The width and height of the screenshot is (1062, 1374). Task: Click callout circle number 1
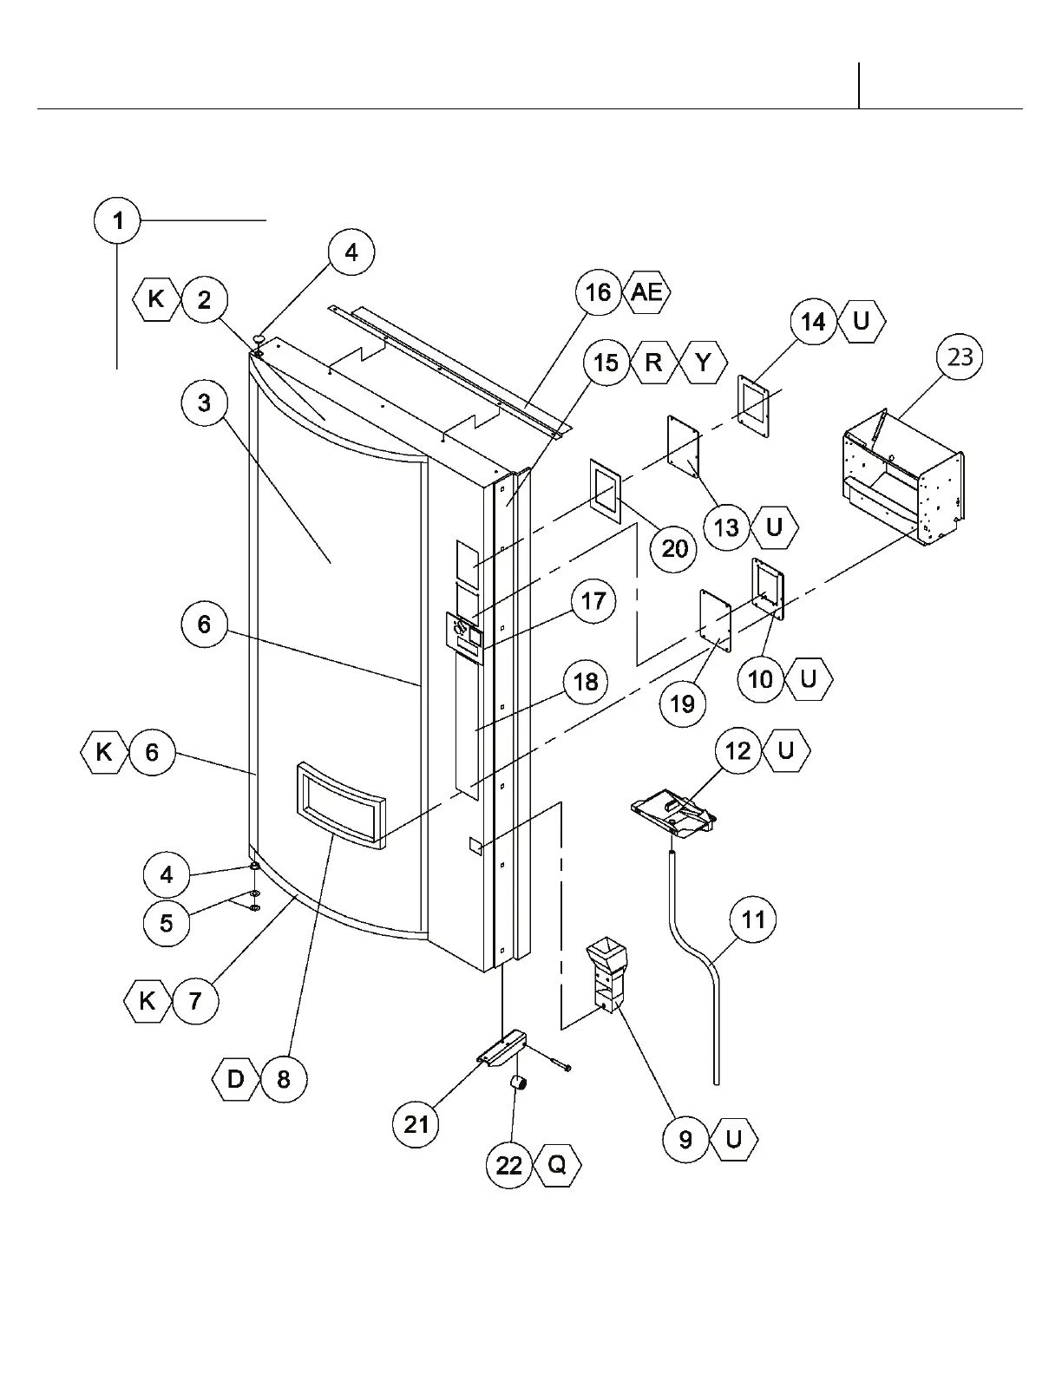tap(117, 221)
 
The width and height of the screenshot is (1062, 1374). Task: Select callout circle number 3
tap(204, 403)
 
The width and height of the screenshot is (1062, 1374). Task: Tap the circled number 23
tap(960, 357)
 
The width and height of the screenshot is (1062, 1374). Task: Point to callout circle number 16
tap(598, 292)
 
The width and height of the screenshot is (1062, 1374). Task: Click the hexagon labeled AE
tap(646, 292)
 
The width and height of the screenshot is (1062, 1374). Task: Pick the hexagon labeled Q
tap(556, 1165)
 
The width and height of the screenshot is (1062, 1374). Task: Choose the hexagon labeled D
tap(235, 1080)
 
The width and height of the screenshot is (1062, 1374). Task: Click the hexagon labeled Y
tap(703, 362)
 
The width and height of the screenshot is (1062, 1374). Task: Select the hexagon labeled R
tap(653, 362)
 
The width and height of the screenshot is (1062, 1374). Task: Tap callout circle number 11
tap(753, 919)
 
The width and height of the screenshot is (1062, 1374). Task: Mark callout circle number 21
tap(417, 1124)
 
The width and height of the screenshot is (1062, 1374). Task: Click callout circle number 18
tap(587, 682)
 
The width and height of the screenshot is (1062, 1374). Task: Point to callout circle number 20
tap(674, 548)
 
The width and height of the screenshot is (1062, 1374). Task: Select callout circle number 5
tap(167, 922)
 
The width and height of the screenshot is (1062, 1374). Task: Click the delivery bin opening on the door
tap(340, 804)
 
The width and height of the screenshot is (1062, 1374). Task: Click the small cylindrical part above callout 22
tap(518, 1083)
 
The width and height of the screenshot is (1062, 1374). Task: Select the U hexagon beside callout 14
tap(862, 322)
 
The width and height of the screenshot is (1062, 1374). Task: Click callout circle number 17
tap(593, 601)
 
